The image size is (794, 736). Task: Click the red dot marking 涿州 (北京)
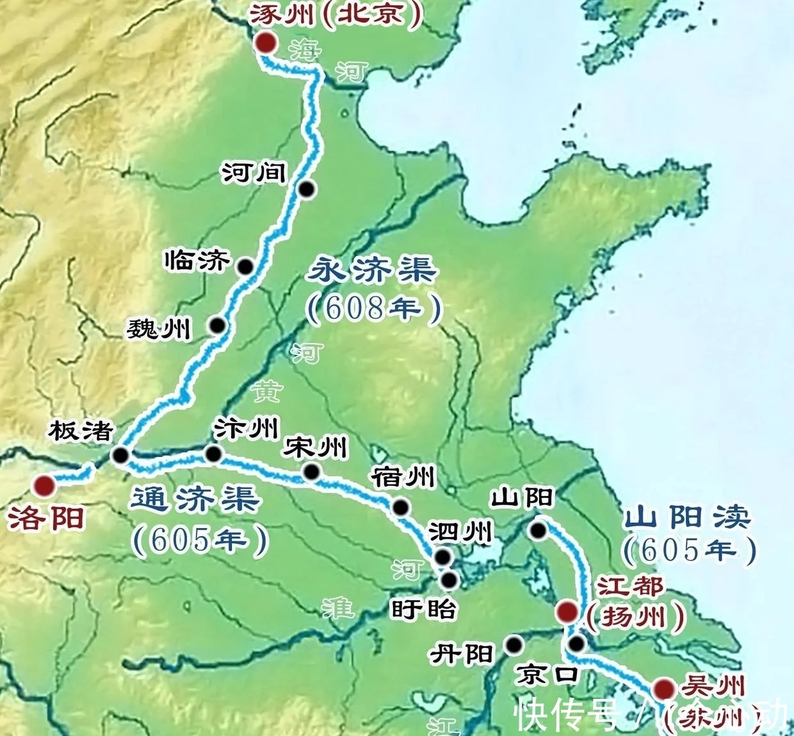264,43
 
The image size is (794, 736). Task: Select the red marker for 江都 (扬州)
566,612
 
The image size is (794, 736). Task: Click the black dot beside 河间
307,189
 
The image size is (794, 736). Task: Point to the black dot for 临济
245,266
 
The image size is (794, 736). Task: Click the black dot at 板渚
120,455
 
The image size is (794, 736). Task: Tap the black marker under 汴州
213,454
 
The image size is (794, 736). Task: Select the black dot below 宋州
312,472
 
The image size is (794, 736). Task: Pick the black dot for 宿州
401,508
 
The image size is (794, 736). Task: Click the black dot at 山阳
538,530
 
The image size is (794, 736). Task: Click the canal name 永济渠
372,270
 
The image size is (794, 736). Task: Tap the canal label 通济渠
195,499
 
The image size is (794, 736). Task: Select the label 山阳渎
688,517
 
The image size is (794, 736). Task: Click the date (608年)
374,308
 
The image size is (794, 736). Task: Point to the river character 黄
265,391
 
